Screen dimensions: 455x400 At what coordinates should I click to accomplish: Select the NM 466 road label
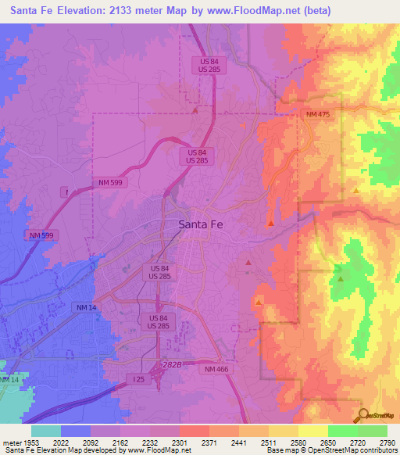click(x=218, y=369)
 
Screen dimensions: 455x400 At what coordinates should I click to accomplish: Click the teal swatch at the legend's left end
click(x=46, y=431)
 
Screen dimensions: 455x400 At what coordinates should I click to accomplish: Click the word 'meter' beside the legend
click(x=11, y=442)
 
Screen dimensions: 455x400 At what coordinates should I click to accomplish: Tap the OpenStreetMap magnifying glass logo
click(x=362, y=415)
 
